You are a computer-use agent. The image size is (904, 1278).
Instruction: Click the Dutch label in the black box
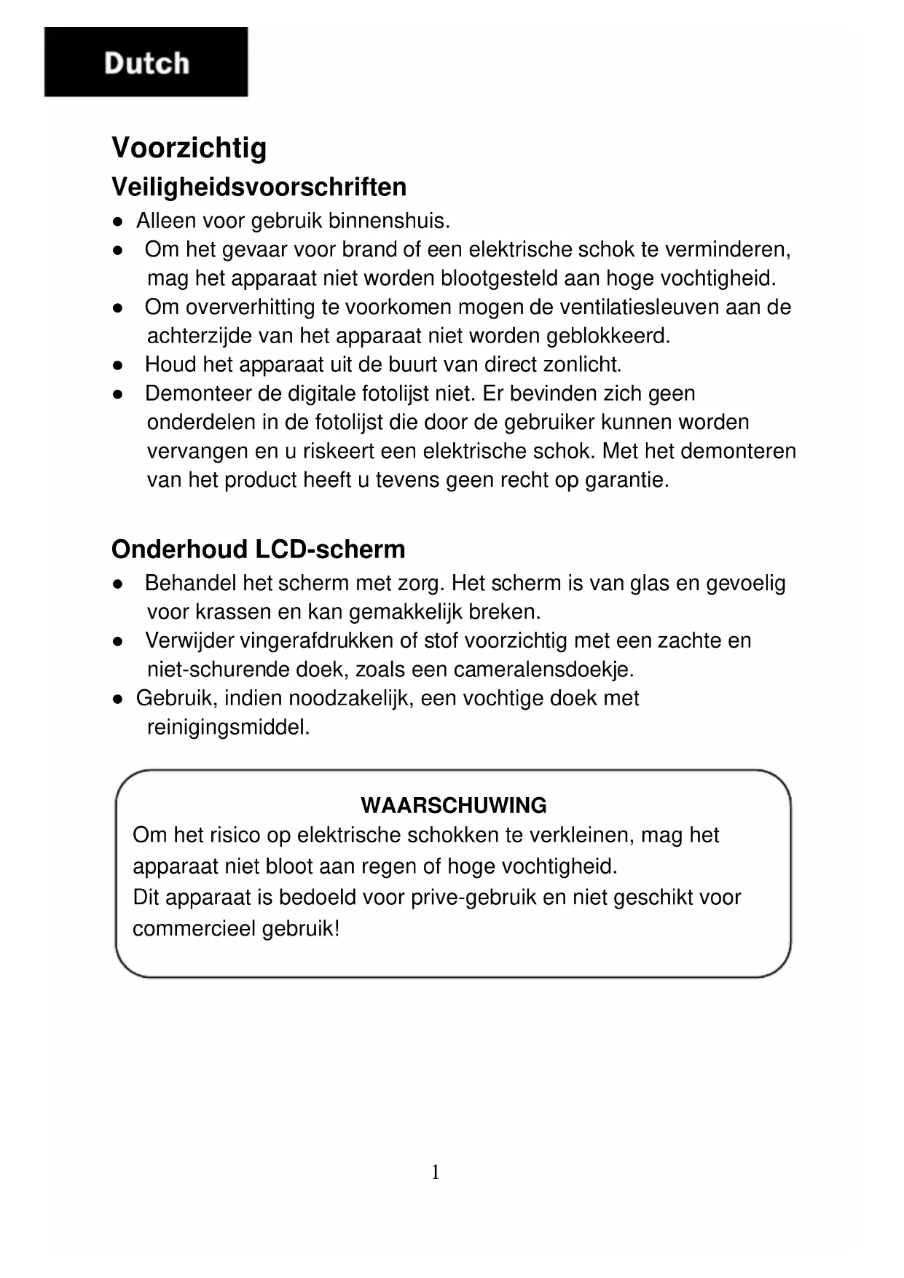pyautogui.click(x=146, y=63)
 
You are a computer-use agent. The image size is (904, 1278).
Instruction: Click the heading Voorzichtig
pyautogui.click(x=189, y=148)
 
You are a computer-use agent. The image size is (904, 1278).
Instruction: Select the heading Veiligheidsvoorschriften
pyautogui.click(x=259, y=187)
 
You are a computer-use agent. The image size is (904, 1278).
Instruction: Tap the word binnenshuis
pyautogui.click(x=389, y=220)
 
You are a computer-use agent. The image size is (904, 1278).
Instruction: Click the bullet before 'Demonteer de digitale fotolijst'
pyautogui.click(x=117, y=393)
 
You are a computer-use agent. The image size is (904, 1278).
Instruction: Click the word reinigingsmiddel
pyautogui.click(x=228, y=727)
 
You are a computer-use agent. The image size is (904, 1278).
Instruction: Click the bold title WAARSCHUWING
pyautogui.click(x=453, y=805)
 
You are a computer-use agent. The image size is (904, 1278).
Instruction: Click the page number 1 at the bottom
pyautogui.click(x=436, y=1172)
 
